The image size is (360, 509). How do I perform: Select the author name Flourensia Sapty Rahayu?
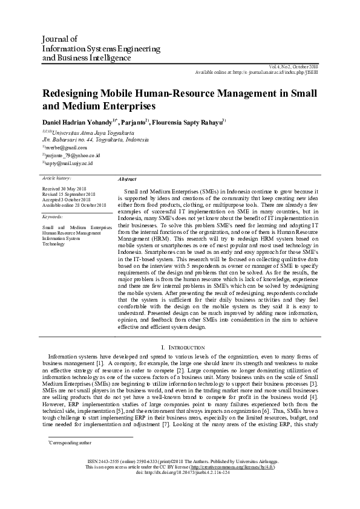click(x=189, y=120)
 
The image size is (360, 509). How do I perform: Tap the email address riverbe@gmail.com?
click(x=67, y=148)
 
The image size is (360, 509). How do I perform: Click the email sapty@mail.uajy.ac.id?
click(x=69, y=163)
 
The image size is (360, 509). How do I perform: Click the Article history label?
click(x=56, y=179)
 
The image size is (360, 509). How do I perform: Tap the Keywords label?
click(x=53, y=216)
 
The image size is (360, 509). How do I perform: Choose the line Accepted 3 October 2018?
click(x=66, y=199)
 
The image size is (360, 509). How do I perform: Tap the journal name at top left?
click(x=100, y=48)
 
